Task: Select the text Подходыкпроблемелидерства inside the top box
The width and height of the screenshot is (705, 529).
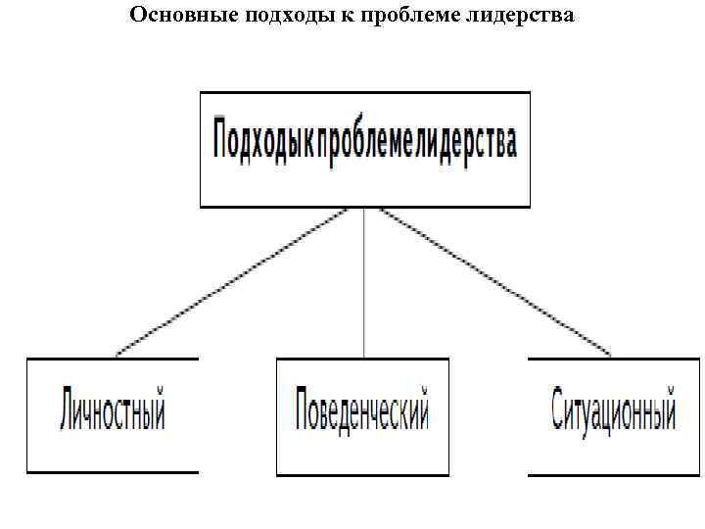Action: [x=364, y=143]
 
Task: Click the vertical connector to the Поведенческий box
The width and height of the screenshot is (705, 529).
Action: [x=364, y=284]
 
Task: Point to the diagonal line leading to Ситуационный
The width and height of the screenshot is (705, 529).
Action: [x=490, y=280]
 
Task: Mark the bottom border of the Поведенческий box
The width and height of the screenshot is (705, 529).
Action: [x=362, y=475]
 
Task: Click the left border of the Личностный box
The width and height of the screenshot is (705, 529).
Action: [x=27, y=416]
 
